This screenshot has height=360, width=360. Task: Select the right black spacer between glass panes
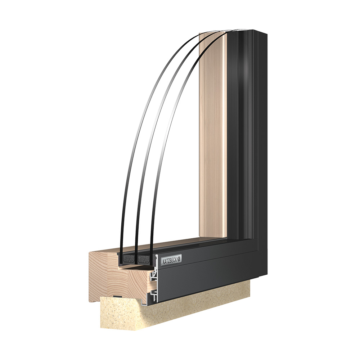[x=144, y=259]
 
